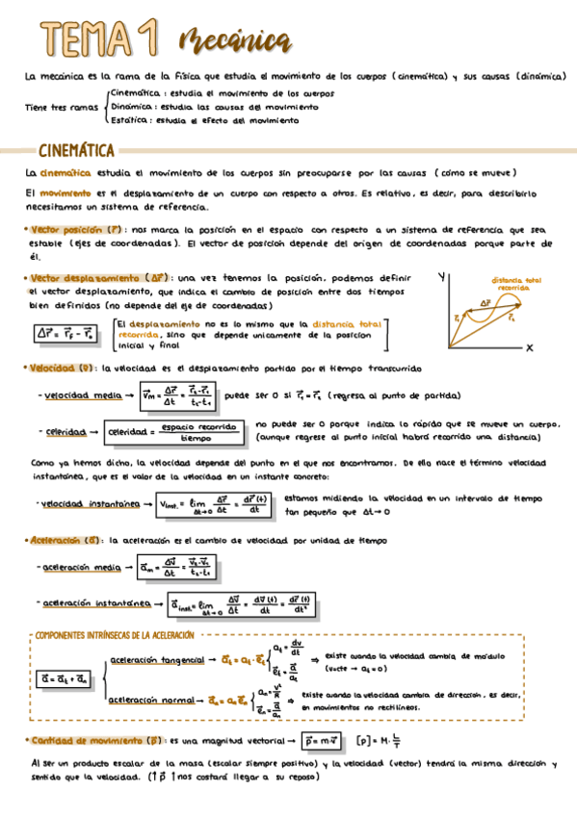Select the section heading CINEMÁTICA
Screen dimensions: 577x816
tap(77, 151)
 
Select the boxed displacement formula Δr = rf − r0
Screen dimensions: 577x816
tap(66, 334)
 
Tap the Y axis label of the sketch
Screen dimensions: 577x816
tap(440, 277)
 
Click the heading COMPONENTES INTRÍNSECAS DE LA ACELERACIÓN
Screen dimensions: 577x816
tap(115, 637)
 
